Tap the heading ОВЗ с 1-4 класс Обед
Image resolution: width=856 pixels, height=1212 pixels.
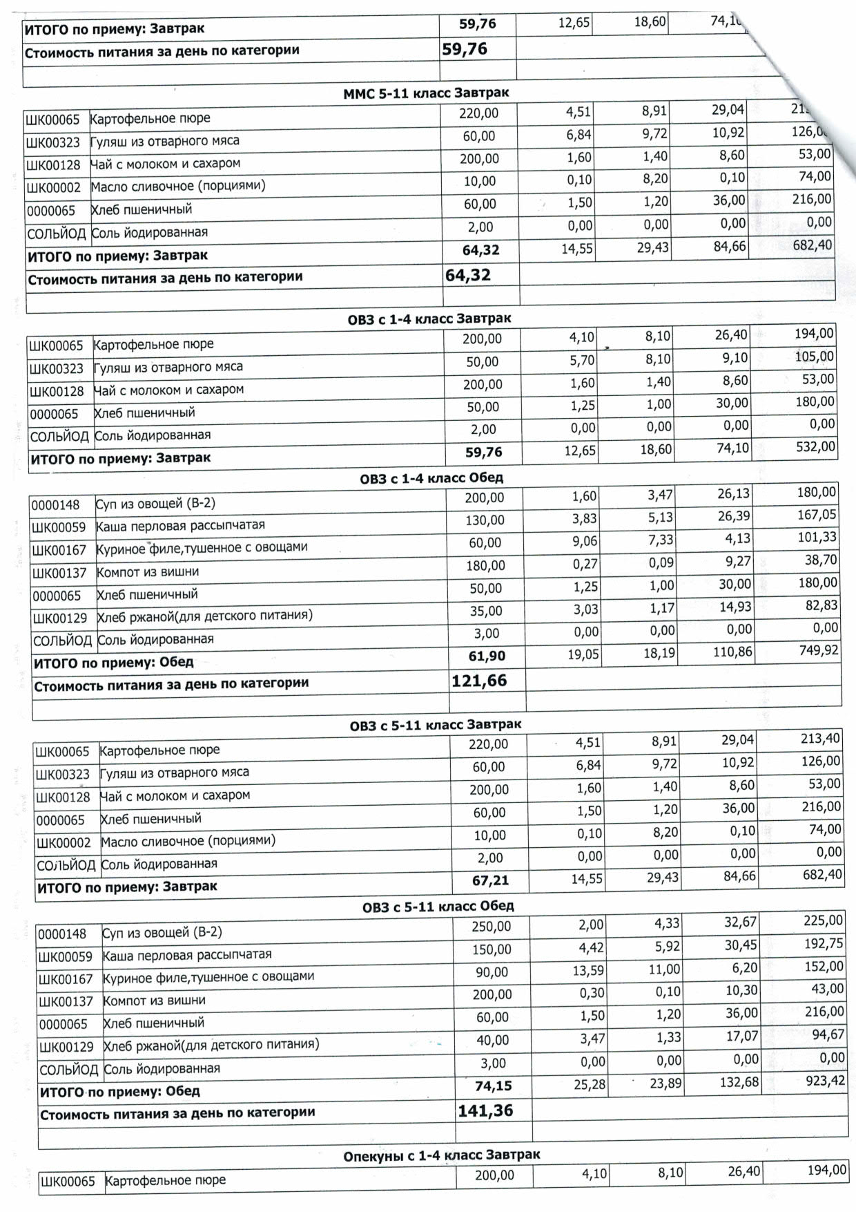click(x=431, y=478)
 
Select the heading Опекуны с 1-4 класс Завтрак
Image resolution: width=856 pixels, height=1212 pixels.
click(x=442, y=1155)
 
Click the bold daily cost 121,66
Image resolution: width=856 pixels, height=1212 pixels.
click(x=479, y=681)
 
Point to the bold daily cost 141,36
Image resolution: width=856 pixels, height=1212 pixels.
click(x=485, y=1110)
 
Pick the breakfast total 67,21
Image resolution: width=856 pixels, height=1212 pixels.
click(x=490, y=880)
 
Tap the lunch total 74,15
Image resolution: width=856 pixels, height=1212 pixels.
click(x=494, y=1086)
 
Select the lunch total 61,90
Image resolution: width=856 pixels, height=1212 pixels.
click(x=487, y=656)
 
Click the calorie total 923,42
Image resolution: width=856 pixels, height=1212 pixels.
click(x=825, y=1081)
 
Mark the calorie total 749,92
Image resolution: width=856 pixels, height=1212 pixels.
click(x=819, y=650)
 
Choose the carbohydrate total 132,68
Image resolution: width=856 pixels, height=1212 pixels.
click(x=739, y=1082)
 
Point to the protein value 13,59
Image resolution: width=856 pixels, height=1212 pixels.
click(x=588, y=971)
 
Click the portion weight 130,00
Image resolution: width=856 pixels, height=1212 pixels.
click(x=485, y=520)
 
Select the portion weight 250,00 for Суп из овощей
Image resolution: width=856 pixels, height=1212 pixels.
click(x=492, y=927)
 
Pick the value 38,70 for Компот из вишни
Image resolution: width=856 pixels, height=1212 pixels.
click(x=820, y=560)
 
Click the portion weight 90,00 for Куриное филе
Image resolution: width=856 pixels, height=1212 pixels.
click(x=492, y=972)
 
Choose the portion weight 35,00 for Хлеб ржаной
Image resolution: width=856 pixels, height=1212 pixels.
click(x=486, y=611)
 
